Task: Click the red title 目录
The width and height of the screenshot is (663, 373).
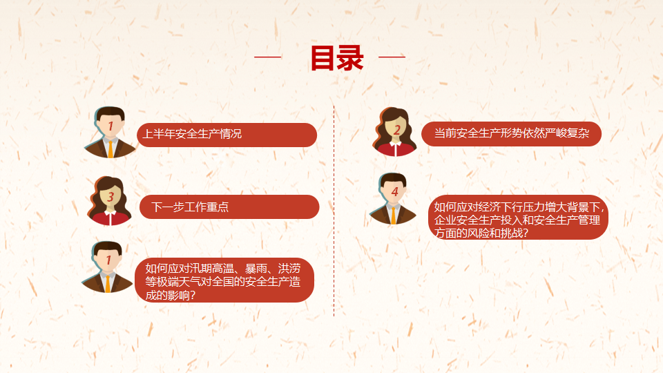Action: coord(337,57)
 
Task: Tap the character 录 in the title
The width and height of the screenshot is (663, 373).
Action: coord(351,57)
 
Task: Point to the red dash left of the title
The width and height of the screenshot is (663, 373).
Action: coord(268,56)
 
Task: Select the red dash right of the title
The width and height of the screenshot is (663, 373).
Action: coord(392,56)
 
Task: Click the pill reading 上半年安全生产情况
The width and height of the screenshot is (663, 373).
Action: coord(227,135)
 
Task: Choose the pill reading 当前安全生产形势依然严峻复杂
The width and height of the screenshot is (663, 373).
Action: coord(511,133)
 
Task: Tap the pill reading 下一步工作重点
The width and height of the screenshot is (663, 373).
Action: coord(229,207)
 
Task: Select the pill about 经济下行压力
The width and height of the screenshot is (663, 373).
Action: coord(519,218)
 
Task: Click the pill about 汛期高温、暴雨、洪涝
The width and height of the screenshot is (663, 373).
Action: coord(224,280)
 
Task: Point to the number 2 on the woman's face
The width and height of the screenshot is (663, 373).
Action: coord(396,130)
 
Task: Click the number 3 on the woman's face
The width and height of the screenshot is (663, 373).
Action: coord(110,197)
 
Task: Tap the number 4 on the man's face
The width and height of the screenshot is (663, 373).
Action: coord(395,192)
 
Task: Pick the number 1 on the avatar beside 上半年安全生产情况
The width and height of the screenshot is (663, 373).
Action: coord(110,126)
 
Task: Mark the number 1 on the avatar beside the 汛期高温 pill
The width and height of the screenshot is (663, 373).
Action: coord(108,260)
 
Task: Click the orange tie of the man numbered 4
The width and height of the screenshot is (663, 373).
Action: coord(393,215)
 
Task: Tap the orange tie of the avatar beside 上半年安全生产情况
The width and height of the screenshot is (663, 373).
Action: coord(110,149)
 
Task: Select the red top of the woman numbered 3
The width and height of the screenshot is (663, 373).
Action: coord(110,218)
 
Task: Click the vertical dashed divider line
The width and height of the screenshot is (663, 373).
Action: coord(334,211)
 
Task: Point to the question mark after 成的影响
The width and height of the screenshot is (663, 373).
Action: coord(193,295)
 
